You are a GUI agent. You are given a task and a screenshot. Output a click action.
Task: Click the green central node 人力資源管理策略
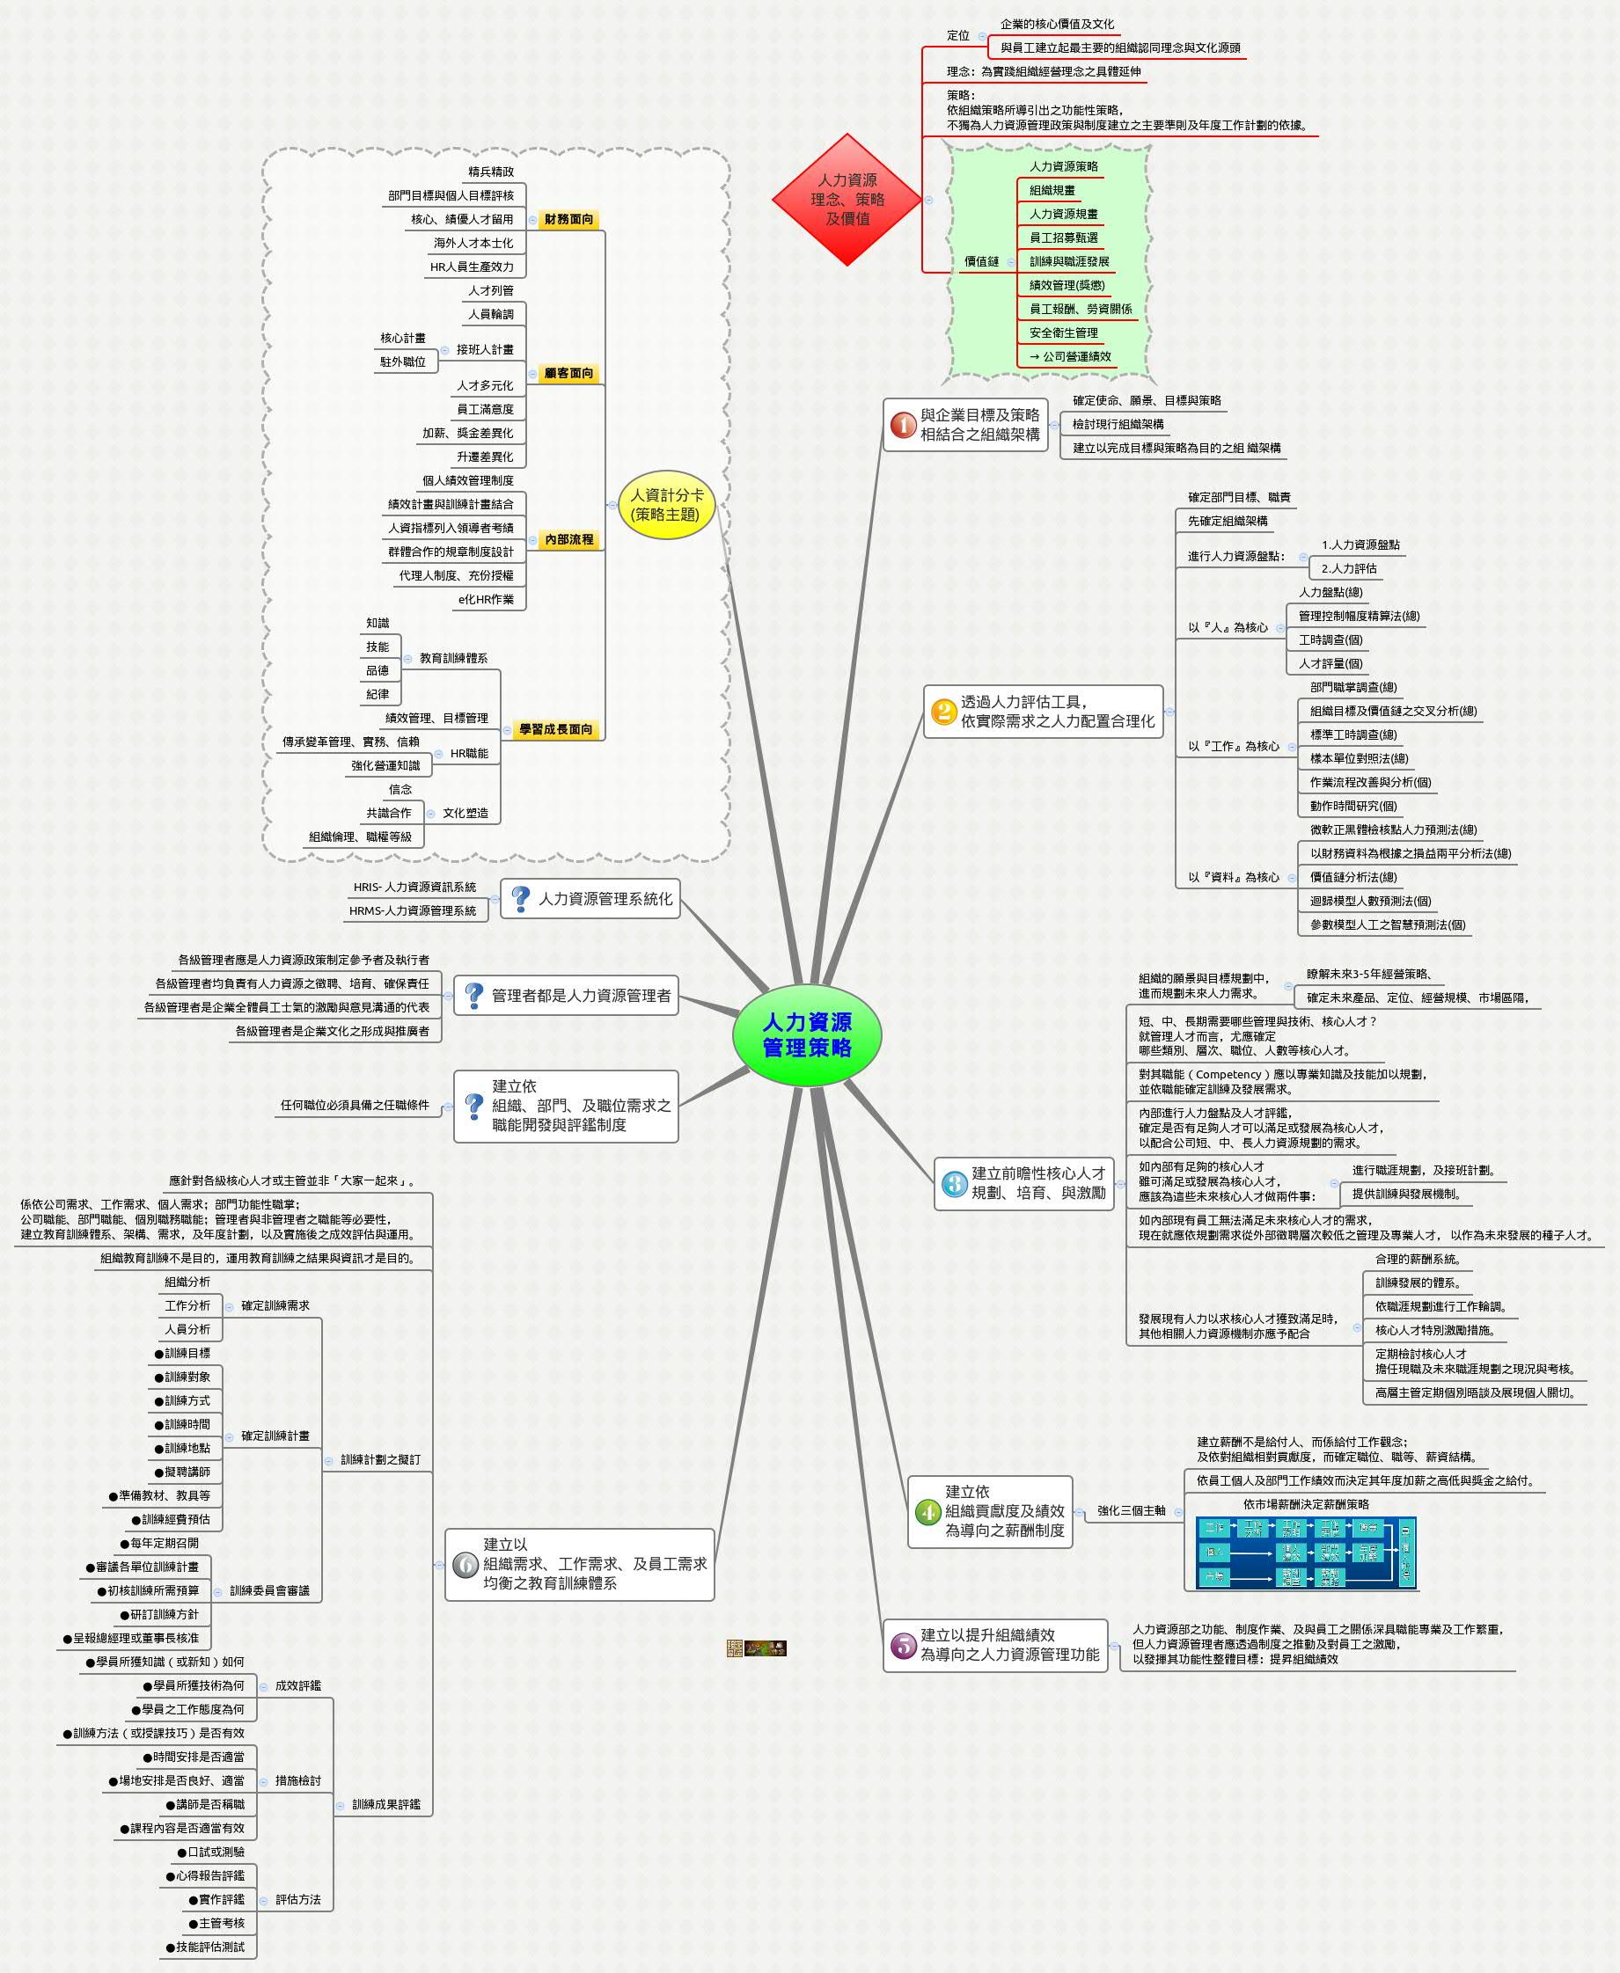[806, 1034]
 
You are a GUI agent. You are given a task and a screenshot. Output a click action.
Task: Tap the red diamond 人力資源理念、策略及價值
[847, 200]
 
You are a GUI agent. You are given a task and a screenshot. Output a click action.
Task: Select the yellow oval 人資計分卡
[666, 505]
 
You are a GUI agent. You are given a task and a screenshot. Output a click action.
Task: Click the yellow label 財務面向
[568, 219]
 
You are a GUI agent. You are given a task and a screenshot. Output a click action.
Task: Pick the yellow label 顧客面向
[568, 373]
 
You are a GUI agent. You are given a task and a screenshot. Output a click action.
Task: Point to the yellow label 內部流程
[568, 539]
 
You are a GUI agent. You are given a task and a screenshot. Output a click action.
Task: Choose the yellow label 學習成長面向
[556, 729]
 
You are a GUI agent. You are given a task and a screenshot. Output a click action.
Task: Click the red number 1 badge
[902, 426]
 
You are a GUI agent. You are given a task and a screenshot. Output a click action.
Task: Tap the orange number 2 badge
[942, 712]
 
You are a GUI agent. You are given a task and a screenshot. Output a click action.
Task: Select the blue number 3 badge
[953, 1184]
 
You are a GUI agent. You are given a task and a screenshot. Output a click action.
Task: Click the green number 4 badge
[927, 1511]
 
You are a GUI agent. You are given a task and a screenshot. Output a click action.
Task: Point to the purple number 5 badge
[902, 1645]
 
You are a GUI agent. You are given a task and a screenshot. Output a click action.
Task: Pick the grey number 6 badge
[465, 1564]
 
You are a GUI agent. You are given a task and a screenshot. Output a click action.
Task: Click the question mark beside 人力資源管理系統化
[521, 899]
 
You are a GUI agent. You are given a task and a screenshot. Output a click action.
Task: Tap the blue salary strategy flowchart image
[1306, 1553]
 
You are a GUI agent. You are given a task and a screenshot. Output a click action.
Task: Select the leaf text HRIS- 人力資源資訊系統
[414, 888]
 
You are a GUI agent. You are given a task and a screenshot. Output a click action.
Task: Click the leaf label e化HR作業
[485, 600]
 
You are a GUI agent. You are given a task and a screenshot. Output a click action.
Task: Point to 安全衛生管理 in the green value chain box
[1063, 333]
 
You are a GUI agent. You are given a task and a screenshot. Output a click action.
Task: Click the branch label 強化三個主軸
[1131, 1511]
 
